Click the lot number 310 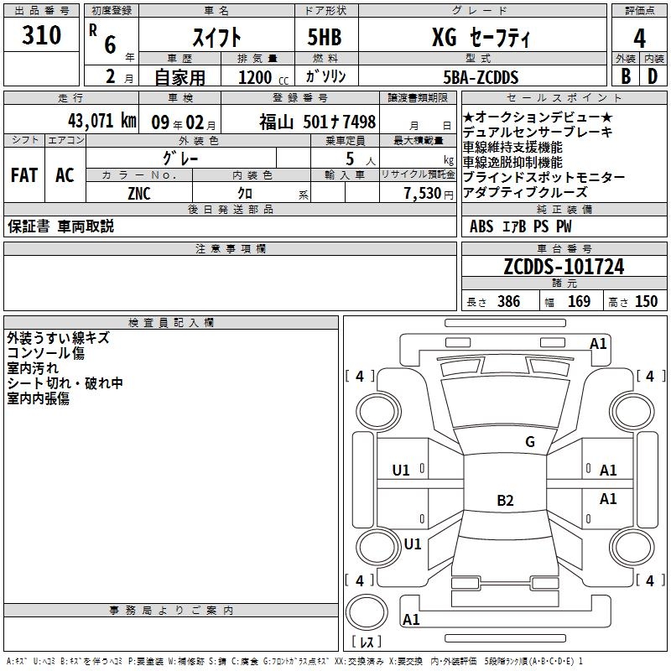pos(42,36)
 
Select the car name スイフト pos(216,37)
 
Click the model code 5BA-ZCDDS pos(481,78)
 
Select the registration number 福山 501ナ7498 pos(317,122)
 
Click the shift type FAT pos(23,175)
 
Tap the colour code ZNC pos(139,194)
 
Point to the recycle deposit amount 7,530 pos(422,194)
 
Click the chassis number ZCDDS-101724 pos(564,267)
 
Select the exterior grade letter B pos(625,77)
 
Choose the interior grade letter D pos(653,77)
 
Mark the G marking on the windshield pos(529,442)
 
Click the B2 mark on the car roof pos(505,501)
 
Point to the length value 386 pos(508,302)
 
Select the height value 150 pos(646,302)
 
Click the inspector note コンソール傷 pos(45,353)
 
